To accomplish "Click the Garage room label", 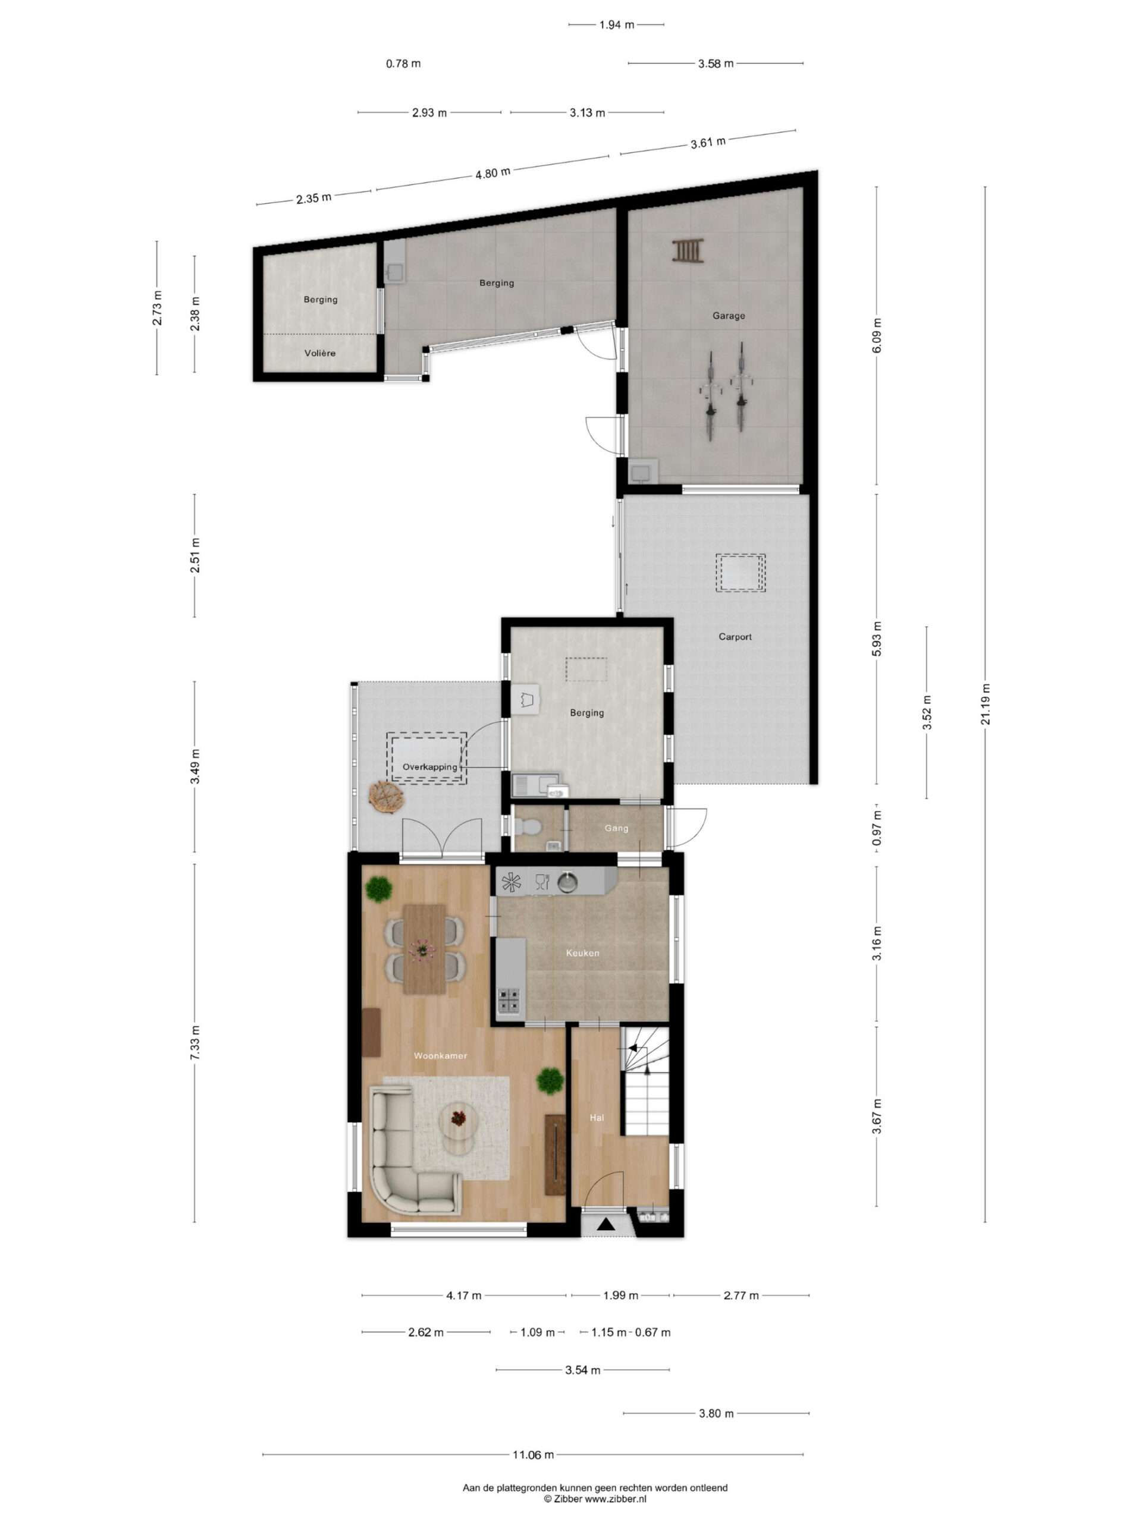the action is [728, 316].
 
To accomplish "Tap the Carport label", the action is [735, 637].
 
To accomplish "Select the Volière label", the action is [320, 353].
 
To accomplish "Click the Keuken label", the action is [582, 953].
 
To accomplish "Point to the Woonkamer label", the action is [441, 1055].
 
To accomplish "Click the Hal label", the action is [597, 1117].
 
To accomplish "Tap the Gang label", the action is [616, 828].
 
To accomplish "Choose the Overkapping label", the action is [430, 766].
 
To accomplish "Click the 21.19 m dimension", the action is [986, 704].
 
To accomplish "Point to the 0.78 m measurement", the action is [403, 63].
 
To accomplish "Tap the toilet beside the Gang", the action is [528, 825].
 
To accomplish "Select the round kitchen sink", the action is [566, 882].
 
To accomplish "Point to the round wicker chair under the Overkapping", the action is [385, 797].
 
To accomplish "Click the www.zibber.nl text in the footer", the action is [616, 1499].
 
